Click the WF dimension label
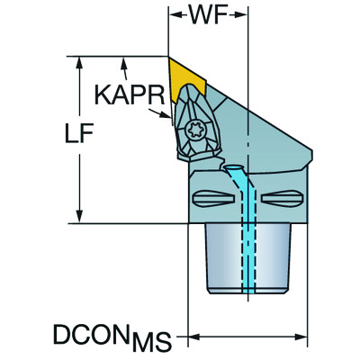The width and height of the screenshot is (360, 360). pos(208,14)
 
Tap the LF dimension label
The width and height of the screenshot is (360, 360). pos(79,132)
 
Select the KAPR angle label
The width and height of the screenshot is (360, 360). pos(130,94)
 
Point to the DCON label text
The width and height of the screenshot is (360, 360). pos(92,334)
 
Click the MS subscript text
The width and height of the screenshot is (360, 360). pos(151,341)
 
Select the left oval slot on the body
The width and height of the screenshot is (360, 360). pos(213,198)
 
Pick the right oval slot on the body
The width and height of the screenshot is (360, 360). pos(282,198)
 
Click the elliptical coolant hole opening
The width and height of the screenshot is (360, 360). pos(233,167)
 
